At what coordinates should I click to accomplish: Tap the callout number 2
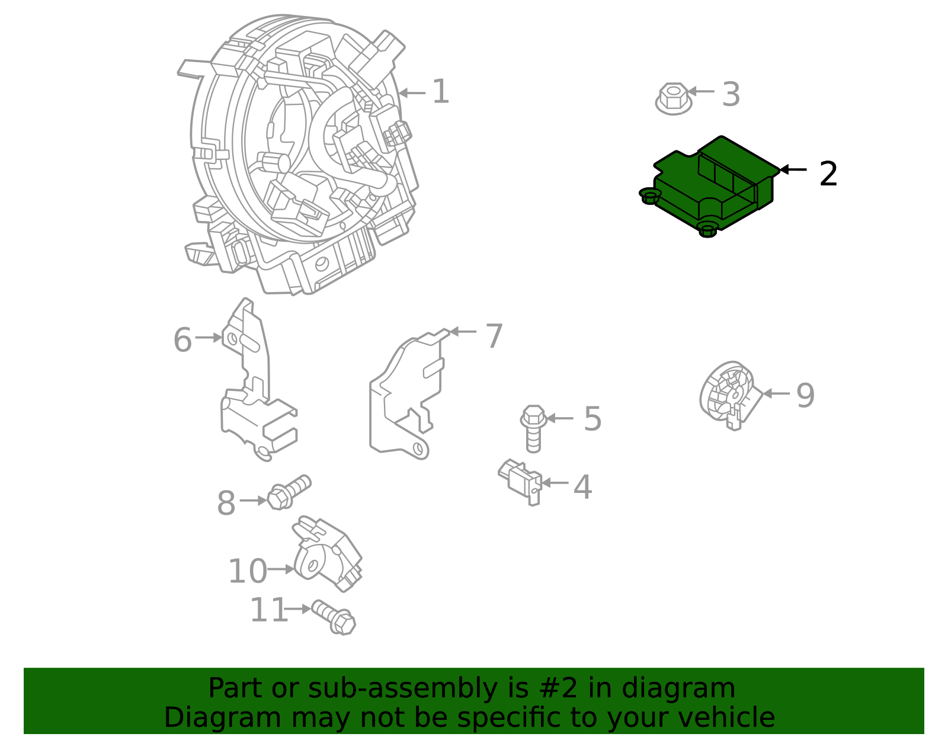828,174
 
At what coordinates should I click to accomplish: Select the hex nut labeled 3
674,98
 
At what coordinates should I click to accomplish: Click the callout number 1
440,92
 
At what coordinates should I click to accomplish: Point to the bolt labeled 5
533,428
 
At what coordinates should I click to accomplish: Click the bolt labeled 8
288,492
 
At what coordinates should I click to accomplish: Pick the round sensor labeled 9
728,393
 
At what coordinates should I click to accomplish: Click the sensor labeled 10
326,554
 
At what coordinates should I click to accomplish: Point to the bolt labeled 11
334,616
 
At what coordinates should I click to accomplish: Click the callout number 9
805,395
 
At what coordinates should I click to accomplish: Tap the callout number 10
247,571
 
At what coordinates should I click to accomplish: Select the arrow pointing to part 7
463,331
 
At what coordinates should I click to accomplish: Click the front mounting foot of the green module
707,230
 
